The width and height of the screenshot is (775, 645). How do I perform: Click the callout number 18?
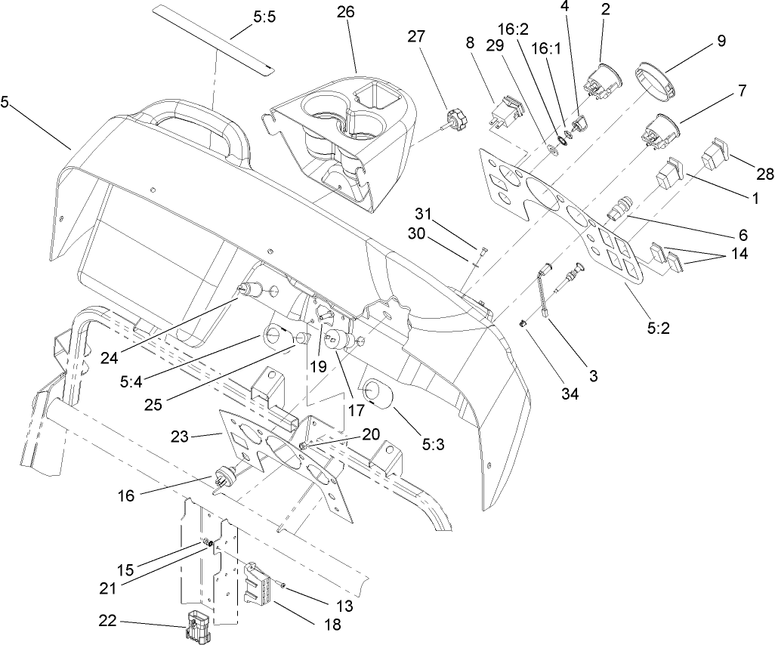click(330, 625)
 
